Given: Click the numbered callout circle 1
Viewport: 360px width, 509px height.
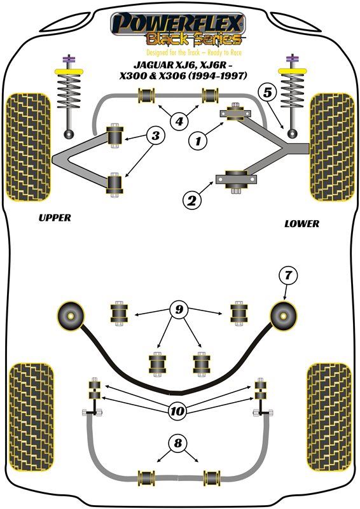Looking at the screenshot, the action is (x=198, y=141).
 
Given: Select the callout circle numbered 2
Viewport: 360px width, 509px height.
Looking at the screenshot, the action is (x=192, y=200).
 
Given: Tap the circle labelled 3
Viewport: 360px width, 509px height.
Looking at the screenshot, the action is (x=156, y=136).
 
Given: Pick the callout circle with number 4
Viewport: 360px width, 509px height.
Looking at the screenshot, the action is (x=179, y=122).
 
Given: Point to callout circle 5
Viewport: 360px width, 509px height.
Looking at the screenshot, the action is (x=268, y=93).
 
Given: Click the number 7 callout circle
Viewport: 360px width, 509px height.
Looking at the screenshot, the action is (x=288, y=275).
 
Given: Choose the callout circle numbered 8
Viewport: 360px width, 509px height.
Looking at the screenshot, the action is (x=178, y=443).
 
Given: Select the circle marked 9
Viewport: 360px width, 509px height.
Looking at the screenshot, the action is (x=179, y=309).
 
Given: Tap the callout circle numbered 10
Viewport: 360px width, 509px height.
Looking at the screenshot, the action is (x=177, y=411).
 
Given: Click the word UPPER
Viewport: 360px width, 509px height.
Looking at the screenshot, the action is (x=55, y=218).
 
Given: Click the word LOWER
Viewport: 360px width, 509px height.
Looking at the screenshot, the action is (x=301, y=224).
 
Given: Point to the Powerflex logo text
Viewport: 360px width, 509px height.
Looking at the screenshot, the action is (x=177, y=24).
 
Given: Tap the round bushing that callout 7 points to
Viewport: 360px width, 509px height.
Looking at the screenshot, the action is (x=284, y=316).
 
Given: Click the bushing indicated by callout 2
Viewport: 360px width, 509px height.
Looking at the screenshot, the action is (x=237, y=179).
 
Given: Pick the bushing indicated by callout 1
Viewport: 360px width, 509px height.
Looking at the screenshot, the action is (x=236, y=113).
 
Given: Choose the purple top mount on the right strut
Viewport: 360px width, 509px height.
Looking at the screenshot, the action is (x=291, y=60).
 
